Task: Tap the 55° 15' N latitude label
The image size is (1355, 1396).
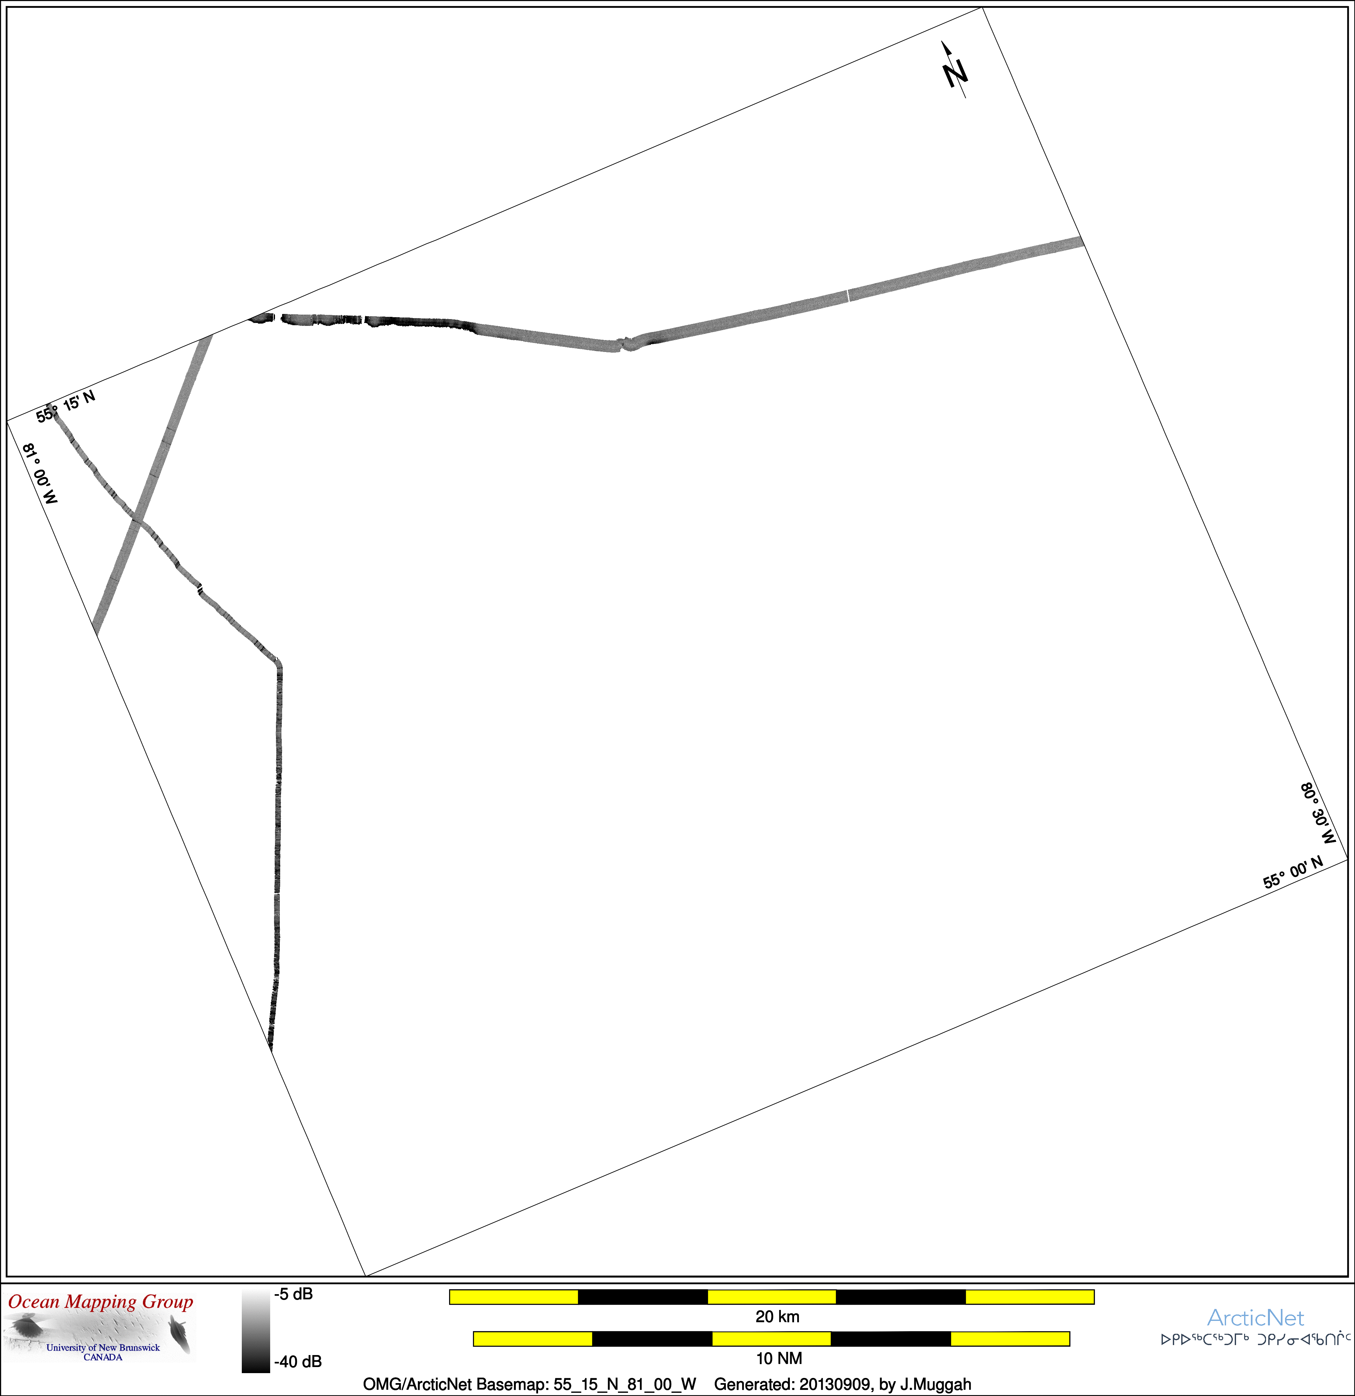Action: [x=65, y=406]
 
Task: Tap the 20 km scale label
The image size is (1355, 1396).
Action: [x=777, y=1316]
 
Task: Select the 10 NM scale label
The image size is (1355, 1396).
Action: [x=779, y=1358]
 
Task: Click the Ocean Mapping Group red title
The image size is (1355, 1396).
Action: [x=101, y=1302]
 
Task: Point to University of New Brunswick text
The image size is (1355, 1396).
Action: [x=103, y=1348]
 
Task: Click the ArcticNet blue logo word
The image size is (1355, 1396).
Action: [x=1255, y=1318]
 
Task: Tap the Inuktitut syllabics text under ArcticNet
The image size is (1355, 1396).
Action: [x=1255, y=1339]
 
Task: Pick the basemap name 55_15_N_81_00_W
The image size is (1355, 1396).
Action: [x=625, y=1385]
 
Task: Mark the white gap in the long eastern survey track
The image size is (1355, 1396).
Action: [x=849, y=296]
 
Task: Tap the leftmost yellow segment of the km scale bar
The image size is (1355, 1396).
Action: [x=514, y=1296]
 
